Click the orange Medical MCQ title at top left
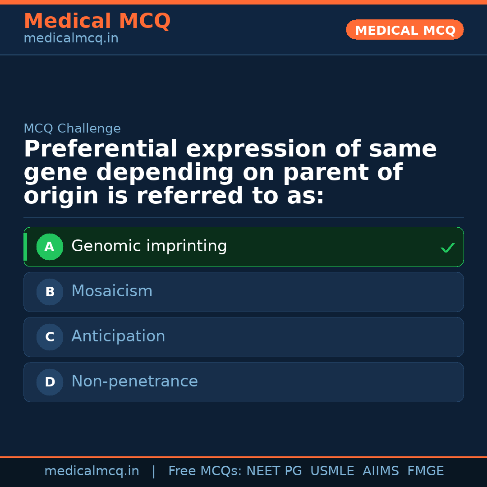[x=97, y=21]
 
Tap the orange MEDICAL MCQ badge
[x=405, y=30]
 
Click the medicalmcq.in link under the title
[x=71, y=39]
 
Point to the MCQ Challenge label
[x=72, y=129]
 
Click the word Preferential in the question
[x=101, y=150]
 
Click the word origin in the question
[x=60, y=197]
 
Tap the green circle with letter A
[x=50, y=247]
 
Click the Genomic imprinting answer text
[x=149, y=247]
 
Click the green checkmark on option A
[x=447, y=248]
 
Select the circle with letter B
[x=50, y=292]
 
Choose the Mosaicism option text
[x=112, y=292]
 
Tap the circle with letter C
[x=50, y=337]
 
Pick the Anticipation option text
[x=118, y=337]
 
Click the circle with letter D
[x=50, y=382]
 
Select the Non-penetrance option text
[x=134, y=382]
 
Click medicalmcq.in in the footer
[x=92, y=472]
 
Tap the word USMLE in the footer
[x=332, y=472]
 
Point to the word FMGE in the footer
[x=425, y=472]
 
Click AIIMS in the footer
[x=381, y=472]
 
